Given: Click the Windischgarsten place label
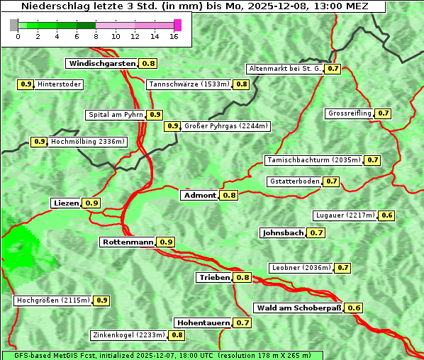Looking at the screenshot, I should pyautogui.click(x=102, y=63).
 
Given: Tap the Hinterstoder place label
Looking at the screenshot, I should pyautogui.click(x=60, y=84).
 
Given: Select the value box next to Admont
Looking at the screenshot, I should pyautogui.click(x=229, y=195).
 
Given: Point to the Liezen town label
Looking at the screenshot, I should pyautogui.click(x=66, y=203).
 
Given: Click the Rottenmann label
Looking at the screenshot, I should pyautogui.click(x=128, y=242).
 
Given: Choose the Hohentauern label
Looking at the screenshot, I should pyautogui.click(x=203, y=322).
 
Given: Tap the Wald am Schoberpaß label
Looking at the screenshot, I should pyautogui.click(x=299, y=308).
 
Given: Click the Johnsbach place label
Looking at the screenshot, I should pyautogui.click(x=283, y=232).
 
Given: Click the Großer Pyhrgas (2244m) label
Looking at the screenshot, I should pyautogui.click(x=225, y=126).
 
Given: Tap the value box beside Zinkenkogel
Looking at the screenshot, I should pyautogui.click(x=177, y=334).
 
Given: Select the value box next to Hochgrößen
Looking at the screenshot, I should pyautogui.click(x=101, y=300).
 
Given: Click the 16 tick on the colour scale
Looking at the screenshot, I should pyautogui.click(x=174, y=35).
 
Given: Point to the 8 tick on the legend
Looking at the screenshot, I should pyautogui.click(x=96, y=35).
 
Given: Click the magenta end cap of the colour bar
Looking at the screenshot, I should pyautogui.click(x=177, y=25).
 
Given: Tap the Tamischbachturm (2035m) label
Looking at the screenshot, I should pyautogui.click(x=313, y=160).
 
